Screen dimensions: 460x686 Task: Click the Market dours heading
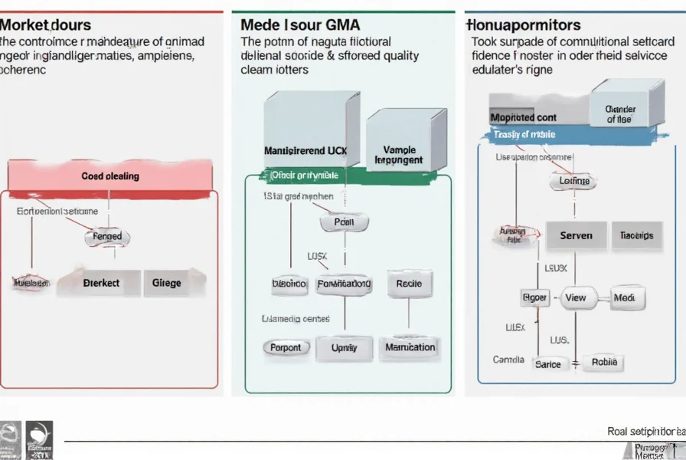[x=45, y=25]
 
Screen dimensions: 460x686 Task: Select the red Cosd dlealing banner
[x=109, y=176]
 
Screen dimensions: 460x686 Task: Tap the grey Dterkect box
[x=101, y=283]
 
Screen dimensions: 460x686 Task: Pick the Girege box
[x=166, y=283]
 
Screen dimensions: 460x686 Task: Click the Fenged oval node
[x=107, y=238]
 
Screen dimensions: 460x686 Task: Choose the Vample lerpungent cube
[x=397, y=153]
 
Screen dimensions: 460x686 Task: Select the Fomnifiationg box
[x=344, y=284]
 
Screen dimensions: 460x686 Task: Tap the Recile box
[x=409, y=284]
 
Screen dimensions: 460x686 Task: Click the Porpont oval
[x=286, y=347]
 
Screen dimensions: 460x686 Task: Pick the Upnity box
[x=344, y=347]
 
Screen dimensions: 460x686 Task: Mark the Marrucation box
[x=410, y=347]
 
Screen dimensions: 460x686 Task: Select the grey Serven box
[x=576, y=236]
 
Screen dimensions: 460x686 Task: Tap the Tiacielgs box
[x=636, y=236]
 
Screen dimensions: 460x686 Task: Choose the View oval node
[x=575, y=298]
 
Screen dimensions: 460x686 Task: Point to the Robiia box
[x=604, y=363]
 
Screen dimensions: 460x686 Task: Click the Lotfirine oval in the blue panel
[x=574, y=182]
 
